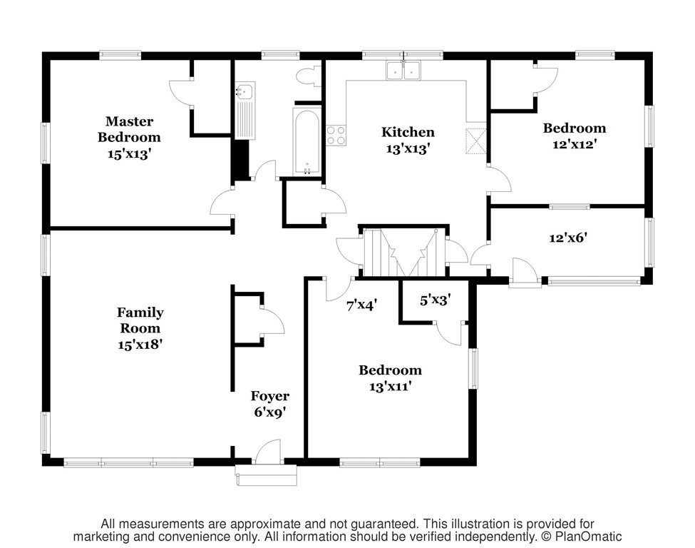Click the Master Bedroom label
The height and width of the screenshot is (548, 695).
point(129,137)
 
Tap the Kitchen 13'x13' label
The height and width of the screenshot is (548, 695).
point(408,140)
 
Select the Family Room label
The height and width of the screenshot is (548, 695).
point(140,328)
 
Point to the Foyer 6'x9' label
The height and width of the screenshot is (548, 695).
point(269,404)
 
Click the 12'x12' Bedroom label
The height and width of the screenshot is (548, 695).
point(574,136)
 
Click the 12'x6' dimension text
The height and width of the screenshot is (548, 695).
point(567,238)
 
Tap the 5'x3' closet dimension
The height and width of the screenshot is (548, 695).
point(434,300)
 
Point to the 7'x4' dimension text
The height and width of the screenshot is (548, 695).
point(361,305)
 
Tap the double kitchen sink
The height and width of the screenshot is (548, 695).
point(403,71)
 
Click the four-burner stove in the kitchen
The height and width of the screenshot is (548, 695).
point(336,136)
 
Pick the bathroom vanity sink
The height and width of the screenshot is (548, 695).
point(245,91)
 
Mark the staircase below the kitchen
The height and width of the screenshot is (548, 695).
point(403,253)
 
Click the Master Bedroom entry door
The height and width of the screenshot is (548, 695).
point(222,204)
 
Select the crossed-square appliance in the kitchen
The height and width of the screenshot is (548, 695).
point(475,141)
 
